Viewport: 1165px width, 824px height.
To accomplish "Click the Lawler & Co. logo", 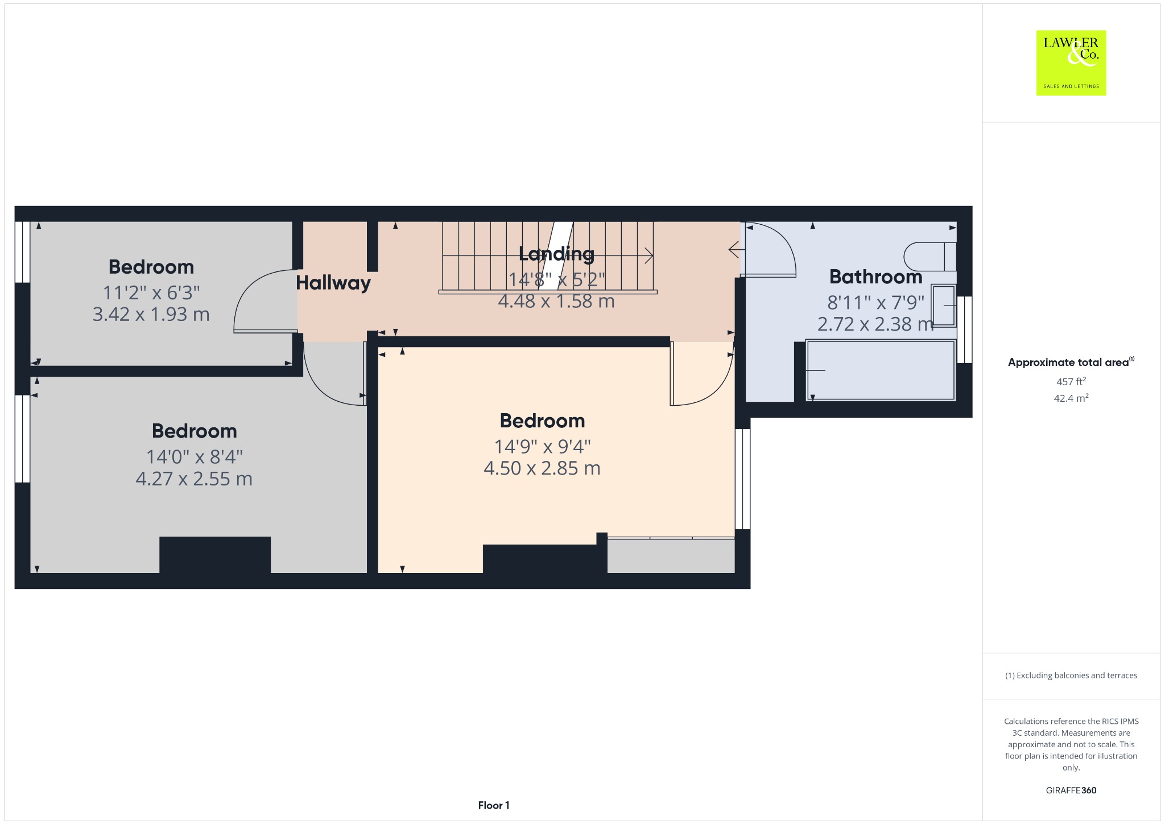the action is (1071, 63).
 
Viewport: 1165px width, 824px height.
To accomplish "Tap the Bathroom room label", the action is (875, 277).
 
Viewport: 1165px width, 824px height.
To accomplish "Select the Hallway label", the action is (333, 283).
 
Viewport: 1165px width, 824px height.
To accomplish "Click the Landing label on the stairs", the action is (556, 254).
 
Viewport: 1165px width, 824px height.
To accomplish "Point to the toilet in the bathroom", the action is (930, 257).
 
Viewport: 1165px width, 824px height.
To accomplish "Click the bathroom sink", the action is (943, 306).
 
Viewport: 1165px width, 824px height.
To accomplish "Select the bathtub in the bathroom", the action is (881, 370).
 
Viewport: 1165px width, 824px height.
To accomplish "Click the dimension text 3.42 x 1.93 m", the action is (151, 314).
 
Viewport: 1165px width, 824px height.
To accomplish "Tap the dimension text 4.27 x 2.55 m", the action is (194, 479).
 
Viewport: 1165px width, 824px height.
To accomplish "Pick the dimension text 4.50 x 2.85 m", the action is (542, 468).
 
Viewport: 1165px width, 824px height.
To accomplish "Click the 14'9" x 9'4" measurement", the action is (542, 446).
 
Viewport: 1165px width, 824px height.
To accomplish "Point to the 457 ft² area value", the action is (1071, 381).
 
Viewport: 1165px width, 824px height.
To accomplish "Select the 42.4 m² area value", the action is (1071, 398).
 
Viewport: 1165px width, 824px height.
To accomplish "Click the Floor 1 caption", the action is (494, 805).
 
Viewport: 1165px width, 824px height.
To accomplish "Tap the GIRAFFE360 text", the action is (1071, 790).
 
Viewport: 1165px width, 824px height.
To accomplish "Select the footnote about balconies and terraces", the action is (1071, 675).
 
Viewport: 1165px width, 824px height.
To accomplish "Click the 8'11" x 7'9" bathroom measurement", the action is (875, 302).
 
